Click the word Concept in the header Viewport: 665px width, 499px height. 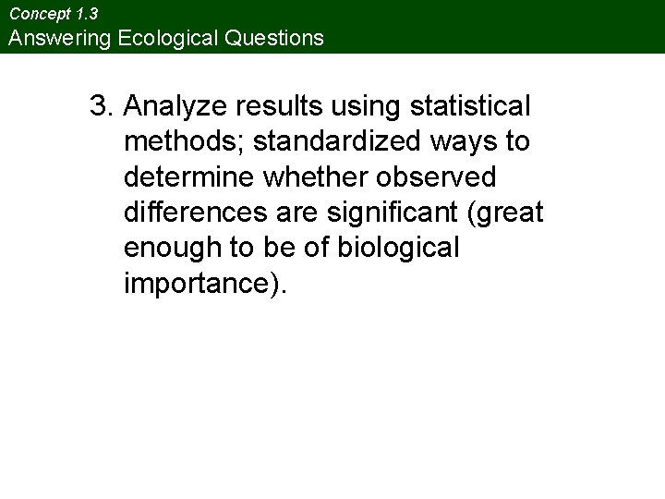(x=36, y=15)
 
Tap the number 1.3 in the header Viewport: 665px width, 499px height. (x=85, y=15)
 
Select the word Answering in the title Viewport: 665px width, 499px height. (x=55, y=39)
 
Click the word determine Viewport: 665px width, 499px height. (x=190, y=177)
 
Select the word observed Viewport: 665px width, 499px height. (x=441, y=177)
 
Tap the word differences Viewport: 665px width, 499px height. (x=194, y=213)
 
